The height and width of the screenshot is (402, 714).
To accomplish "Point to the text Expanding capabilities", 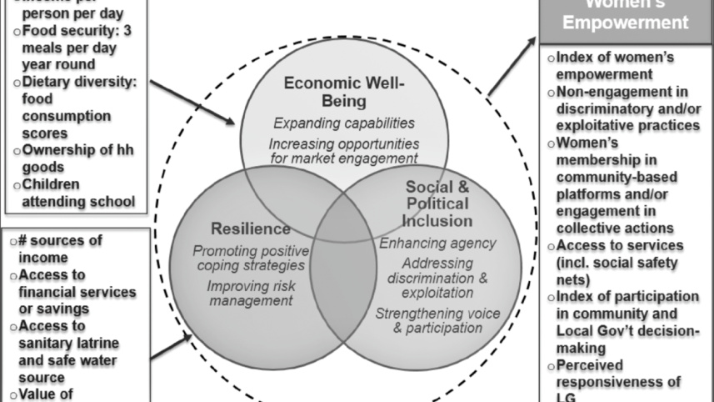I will click(x=343, y=123).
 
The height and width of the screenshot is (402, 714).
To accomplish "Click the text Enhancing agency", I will click(x=425, y=244).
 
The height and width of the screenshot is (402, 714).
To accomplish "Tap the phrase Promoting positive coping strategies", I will click(x=250, y=259).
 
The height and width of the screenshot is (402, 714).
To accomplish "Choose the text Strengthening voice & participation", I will click(x=427, y=320).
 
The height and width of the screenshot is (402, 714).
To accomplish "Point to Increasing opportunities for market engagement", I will click(x=343, y=151).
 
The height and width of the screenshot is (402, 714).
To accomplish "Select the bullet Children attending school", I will click(x=77, y=193).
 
